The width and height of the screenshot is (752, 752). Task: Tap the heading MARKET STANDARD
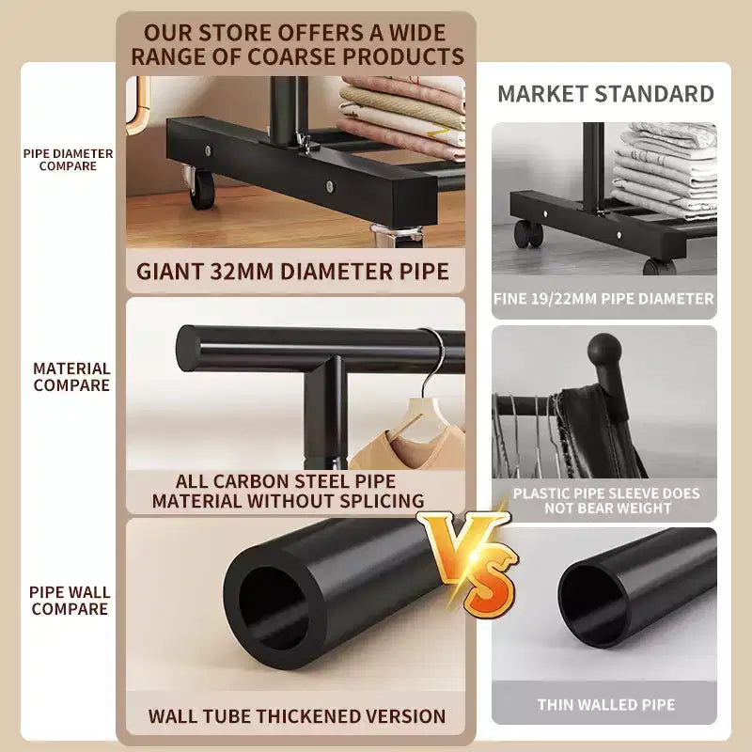(605, 93)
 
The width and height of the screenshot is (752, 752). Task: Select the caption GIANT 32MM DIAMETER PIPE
(292, 272)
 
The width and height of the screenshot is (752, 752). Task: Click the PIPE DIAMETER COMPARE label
(68, 160)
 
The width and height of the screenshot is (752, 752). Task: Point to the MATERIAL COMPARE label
(71, 377)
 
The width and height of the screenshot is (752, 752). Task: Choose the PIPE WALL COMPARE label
(70, 601)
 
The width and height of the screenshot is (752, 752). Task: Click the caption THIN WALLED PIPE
(606, 704)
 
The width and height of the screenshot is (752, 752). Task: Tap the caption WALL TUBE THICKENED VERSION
(297, 716)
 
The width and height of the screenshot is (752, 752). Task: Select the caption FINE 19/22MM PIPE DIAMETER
(603, 299)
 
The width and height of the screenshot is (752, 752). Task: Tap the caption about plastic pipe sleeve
(606, 501)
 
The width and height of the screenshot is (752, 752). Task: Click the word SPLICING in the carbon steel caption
(382, 501)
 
